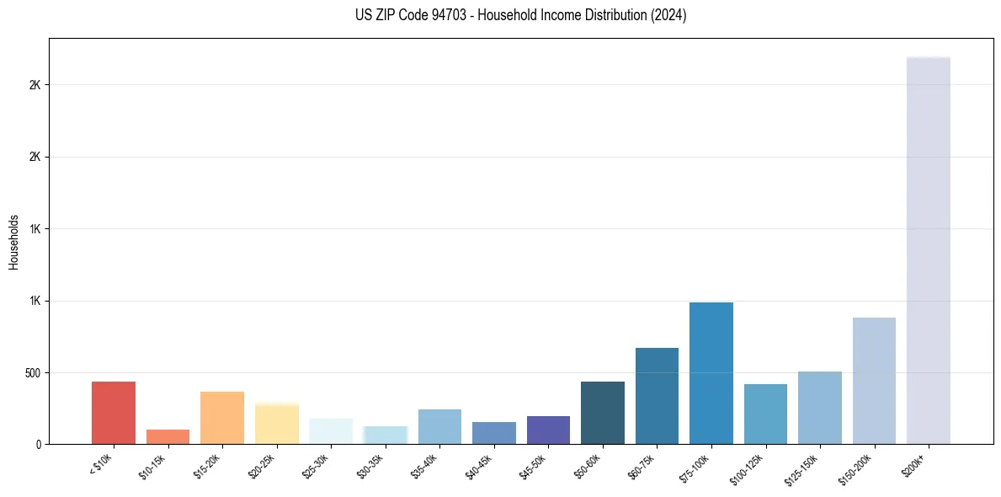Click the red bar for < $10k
[114, 413]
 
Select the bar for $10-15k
[168, 436]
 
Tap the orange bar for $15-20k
[222, 418]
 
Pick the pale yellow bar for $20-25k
[277, 424]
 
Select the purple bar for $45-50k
[548, 430]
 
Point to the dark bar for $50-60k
[603, 413]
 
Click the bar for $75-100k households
[711, 373]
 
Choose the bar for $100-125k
[765, 414]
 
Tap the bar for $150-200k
[874, 381]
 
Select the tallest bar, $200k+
[929, 250]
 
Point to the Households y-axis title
[13, 242]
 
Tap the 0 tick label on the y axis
[39, 444]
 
